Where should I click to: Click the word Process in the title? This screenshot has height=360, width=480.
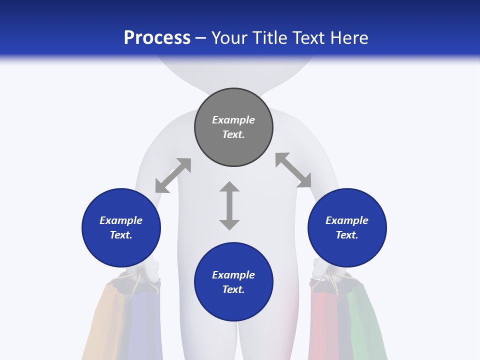pyautogui.click(x=157, y=38)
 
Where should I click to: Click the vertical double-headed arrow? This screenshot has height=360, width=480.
pyautogui.click(x=229, y=205)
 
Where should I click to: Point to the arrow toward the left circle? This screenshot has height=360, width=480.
pyautogui.click(x=173, y=175)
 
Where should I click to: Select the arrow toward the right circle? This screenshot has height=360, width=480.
pyautogui.click(x=293, y=170)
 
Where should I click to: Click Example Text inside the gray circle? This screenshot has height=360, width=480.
pyautogui.click(x=233, y=127)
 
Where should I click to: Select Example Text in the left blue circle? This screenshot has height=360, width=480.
pyautogui.click(x=121, y=227)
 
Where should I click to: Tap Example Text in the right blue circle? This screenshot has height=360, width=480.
pyautogui.click(x=347, y=227)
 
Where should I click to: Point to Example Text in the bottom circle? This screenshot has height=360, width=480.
pyautogui.click(x=233, y=282)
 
